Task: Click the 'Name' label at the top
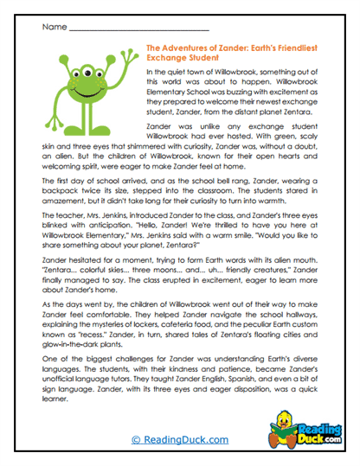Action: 54,28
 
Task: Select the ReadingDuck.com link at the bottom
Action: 179,440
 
